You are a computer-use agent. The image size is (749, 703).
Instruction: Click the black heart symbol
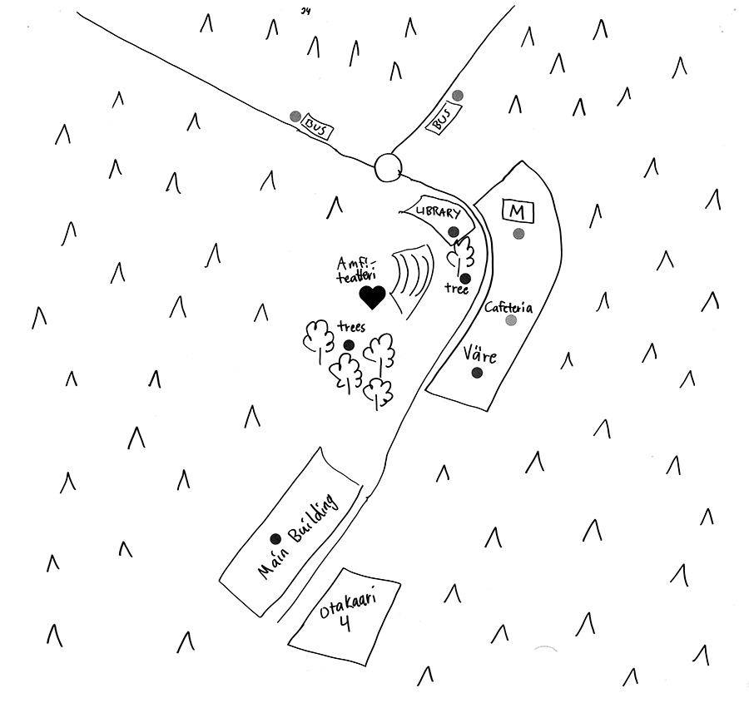372,296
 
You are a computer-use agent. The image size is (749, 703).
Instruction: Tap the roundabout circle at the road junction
388,166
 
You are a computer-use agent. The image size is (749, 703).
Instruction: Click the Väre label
479,355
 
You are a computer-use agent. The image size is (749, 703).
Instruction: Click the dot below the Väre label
477,373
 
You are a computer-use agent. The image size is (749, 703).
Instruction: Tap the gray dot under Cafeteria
511,320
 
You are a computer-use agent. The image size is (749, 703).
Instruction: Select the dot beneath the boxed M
518,234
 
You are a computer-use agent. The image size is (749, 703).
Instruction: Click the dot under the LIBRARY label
454,231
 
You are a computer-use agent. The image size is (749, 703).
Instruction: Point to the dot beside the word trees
349,345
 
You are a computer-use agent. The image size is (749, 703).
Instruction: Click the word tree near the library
456,290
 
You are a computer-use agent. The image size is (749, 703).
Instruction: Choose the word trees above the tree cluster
351,328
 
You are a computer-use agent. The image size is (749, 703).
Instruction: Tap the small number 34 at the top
306,10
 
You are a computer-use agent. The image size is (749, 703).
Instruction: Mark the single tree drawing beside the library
460,252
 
